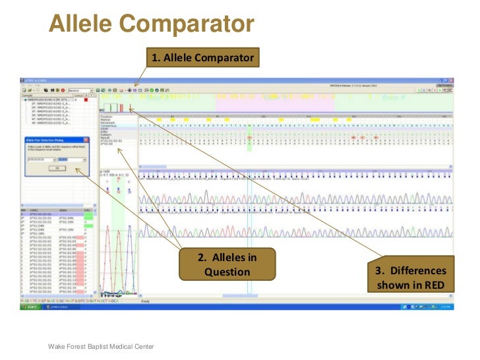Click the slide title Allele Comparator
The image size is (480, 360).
click(x=151, y=25)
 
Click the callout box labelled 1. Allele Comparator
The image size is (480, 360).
click(x=202, y=58)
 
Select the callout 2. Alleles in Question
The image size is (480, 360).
click(x=227, y=264)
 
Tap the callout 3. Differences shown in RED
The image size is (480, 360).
click(x=420, y=278)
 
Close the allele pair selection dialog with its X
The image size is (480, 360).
click(x=86, y=139)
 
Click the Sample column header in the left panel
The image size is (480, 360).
click(x=30, y=96)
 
